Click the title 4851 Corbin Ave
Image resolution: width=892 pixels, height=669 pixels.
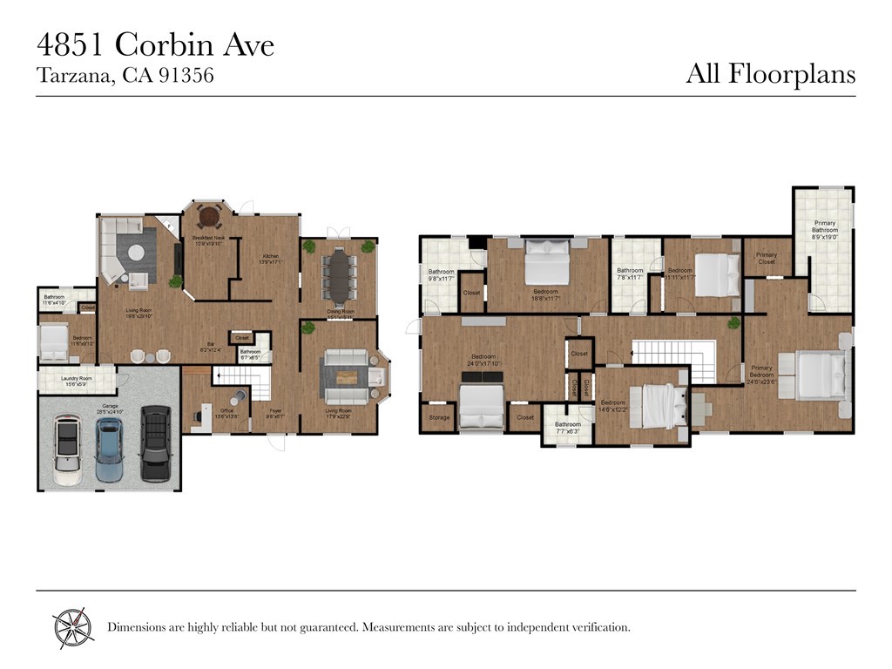pos(155,44)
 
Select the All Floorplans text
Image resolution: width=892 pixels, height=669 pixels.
pos(770,74)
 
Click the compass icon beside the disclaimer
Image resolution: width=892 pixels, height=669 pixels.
pos(72,626)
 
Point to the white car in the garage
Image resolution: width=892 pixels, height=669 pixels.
pos(67,449)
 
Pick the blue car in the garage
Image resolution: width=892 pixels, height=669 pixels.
pos(110,449)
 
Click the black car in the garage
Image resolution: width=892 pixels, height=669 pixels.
pos(155,443)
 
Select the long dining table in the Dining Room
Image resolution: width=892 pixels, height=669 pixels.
pos(338,276)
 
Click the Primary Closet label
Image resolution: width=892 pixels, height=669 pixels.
pos(767,258)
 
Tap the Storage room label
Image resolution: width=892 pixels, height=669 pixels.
pos(439,418)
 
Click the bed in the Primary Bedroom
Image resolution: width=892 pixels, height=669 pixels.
pos(821,375)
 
